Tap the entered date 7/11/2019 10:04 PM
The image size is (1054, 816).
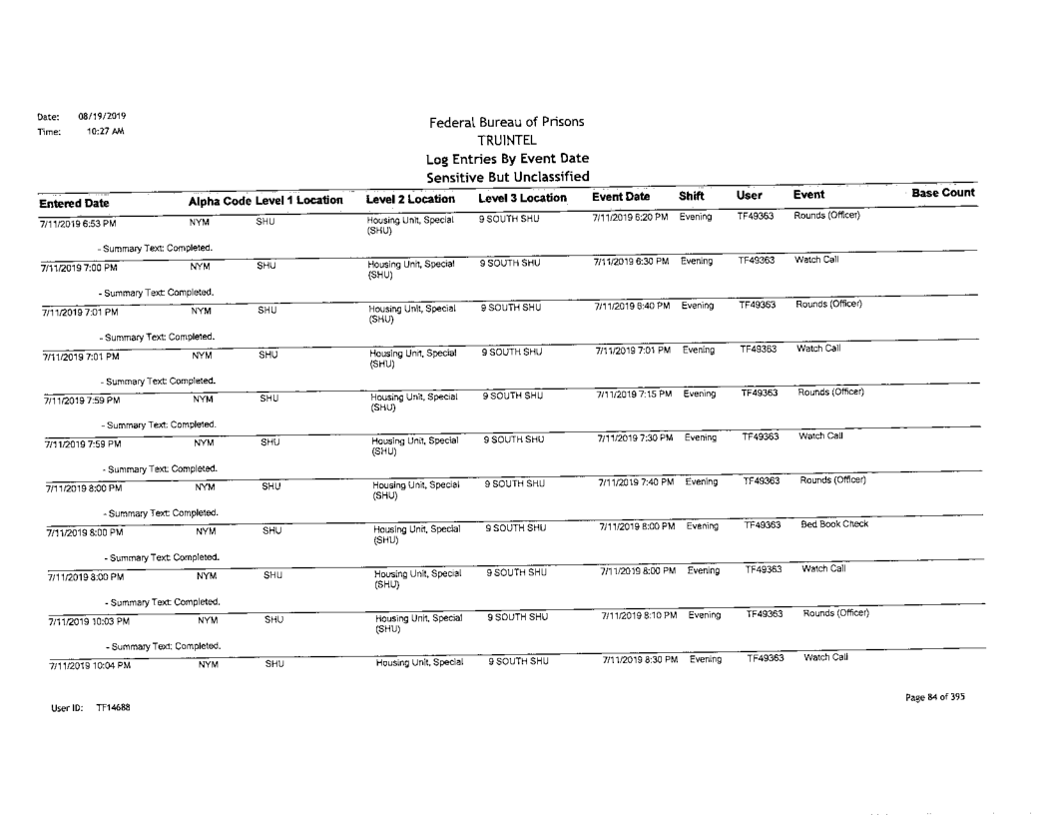[79, 665]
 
